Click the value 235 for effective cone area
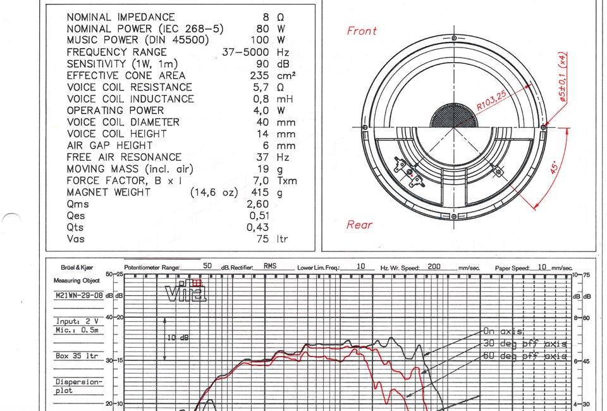click(x=259, y=75)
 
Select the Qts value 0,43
click(x=258, y=227)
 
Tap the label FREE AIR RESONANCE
click(x=124, y=157)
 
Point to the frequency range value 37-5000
click(x=245, y=52)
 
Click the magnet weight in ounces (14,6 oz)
click(x=214, y=193)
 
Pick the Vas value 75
click(x=262, y=239)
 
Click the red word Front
click(x=362, y=31)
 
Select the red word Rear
click(x=359, y=225)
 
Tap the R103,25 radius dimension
click(x=491, y=101)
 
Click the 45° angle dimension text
click(x=555, y=167)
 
